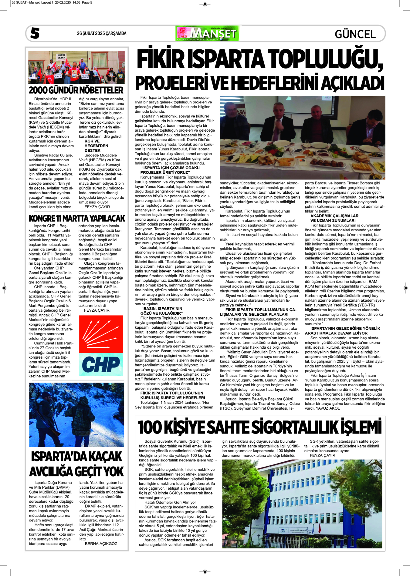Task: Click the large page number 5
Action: tap(35, 33)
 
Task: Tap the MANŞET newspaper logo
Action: tap(207, 33)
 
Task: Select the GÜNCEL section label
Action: tap(355, 34)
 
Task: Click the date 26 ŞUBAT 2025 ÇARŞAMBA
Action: tap(101, 33)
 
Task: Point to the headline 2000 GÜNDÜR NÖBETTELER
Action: tap(76, 90)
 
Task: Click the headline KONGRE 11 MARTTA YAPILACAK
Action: tap(76, 219)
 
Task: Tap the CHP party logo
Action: tap(101, 346)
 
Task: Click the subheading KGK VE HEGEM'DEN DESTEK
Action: tap(96, 146)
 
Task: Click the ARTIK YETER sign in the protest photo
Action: tap(62, 56)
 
